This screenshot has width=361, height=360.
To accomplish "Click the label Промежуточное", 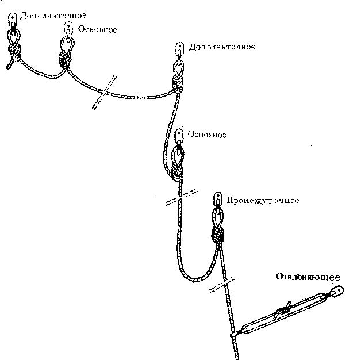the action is click(263, 200).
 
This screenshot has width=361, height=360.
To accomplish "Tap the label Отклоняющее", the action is click(308, 277).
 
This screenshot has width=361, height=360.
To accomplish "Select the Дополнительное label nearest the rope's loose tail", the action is click(53, 16).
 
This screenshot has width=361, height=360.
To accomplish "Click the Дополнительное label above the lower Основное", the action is click(222, 47).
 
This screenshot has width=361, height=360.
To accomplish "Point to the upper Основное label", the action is click(97, 29).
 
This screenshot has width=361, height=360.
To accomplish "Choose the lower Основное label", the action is click(207, 134).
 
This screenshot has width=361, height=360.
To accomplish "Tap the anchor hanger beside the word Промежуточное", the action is click(218, 199).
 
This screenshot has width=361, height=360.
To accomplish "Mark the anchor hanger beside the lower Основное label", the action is click(179, 136).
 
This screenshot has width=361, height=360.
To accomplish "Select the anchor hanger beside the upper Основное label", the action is click(68, 28).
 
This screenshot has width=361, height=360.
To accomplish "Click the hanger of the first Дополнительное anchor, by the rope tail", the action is click(13, 20).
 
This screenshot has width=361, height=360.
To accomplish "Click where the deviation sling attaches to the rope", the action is click(234, 334).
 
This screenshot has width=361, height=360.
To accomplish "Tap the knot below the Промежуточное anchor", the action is click(218, 235).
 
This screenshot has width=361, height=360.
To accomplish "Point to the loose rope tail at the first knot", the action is click(10, 64).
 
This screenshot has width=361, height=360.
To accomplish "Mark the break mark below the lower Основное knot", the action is click(182, 198).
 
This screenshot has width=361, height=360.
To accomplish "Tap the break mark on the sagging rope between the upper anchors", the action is click(104, 92).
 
